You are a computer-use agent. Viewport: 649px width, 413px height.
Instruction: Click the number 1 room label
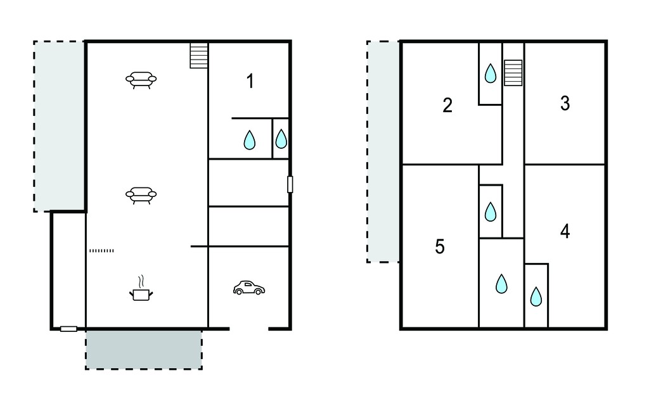(x=250, y=81)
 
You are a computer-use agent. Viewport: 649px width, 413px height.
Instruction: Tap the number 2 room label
(x=447, y=105)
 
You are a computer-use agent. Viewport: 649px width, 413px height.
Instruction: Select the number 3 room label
(x=565, y=103)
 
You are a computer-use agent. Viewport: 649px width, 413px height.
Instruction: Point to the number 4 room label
(x=565, y=231)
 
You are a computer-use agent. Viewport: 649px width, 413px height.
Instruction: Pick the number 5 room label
(x=440, y=246)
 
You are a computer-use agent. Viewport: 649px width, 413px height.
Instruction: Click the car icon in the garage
(x=248, y=288)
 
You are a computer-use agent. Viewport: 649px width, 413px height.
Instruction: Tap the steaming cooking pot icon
(x=141, y=288)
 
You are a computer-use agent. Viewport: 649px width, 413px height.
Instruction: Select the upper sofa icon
(x=141, y=80)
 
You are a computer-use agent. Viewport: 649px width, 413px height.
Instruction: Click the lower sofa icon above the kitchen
(x=141, y=195)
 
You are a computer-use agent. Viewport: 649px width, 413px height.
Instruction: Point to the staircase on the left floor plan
(x=198, y=56)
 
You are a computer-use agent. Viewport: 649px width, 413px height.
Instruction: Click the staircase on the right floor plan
(x=513, y=73)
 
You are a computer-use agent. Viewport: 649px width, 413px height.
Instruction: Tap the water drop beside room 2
(x=491, y=73)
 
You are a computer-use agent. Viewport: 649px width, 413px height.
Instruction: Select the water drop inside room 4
(x=536, y=296)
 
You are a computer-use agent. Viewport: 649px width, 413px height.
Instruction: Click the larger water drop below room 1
(x=250, y=140)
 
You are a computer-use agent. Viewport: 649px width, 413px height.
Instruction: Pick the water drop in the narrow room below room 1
(x=281, y=139)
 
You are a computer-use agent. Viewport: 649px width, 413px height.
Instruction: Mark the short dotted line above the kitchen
(x=101, y=250)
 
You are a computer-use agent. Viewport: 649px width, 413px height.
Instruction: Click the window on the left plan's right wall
(x=290, y=184)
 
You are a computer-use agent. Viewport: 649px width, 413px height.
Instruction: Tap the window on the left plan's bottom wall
(x=68, y=329)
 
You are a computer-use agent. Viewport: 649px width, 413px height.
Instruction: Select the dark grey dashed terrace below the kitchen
(x=144, y=349)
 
